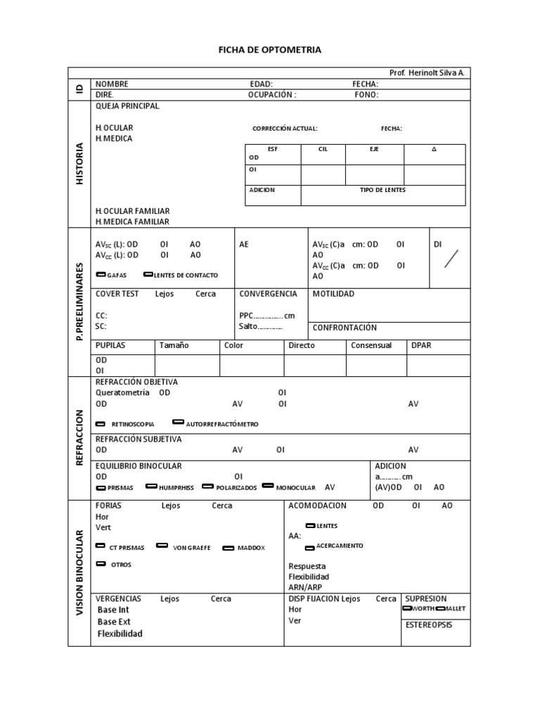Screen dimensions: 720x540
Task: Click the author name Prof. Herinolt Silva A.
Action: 426,73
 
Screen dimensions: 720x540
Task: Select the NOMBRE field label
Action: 112,84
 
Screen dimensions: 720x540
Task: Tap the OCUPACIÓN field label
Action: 272,94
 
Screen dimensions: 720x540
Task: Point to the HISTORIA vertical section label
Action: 79,164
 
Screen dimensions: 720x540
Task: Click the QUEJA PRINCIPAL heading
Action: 127,106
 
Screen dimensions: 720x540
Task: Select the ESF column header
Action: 273,149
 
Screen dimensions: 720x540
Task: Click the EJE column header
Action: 374,149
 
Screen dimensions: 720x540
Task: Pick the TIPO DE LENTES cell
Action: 382,190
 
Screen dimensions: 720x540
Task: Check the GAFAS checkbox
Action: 101,274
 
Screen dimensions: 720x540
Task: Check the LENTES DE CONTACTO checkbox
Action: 148,274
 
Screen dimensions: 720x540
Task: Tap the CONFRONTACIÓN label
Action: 345,328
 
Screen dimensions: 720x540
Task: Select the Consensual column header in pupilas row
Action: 371,346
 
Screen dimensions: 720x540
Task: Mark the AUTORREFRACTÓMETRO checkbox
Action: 179,423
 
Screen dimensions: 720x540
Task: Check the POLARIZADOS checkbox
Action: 207,487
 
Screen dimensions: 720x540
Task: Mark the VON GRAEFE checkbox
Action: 162,546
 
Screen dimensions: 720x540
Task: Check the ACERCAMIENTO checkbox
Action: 310,546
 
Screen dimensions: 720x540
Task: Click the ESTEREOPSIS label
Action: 428,624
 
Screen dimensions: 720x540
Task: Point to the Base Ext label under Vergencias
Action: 114,622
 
